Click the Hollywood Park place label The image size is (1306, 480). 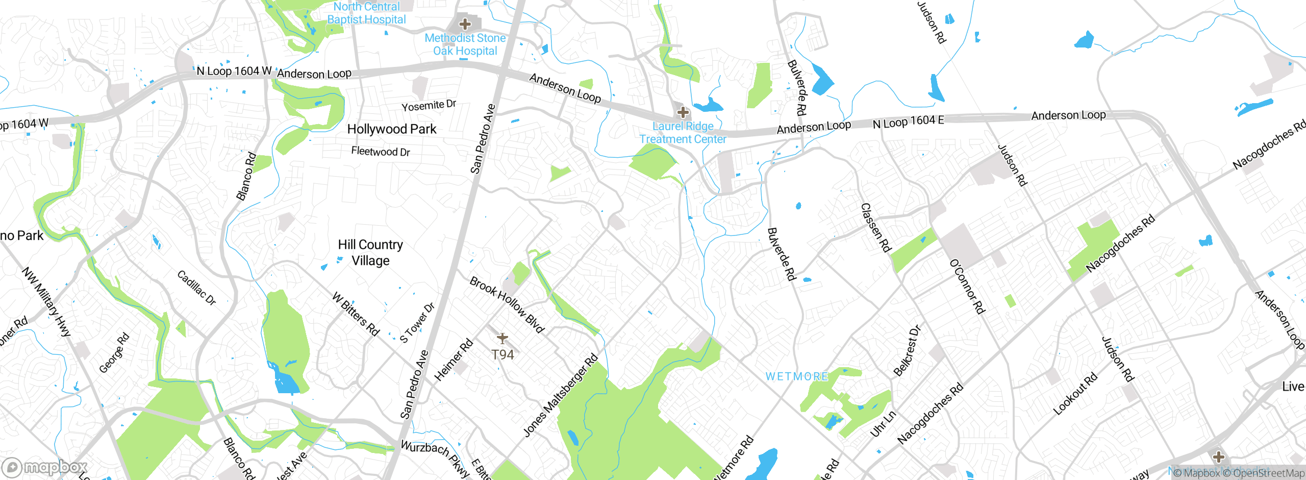pos(391,129)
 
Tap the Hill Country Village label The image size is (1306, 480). pos(370,253)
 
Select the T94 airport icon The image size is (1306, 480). pos(503,338)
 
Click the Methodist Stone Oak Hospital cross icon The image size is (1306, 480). pos(465,24)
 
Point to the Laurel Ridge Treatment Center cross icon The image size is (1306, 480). pos(683,112)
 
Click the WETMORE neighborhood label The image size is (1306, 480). pos(797,376)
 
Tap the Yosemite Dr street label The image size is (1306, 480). pos(429,106)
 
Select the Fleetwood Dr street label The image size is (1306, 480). pos(381,152)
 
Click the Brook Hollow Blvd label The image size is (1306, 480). pos(507,304)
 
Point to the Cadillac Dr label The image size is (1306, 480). pos(196,288)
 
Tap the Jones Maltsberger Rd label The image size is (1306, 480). pos(561,396)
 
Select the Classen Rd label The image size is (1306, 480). pos(875,228)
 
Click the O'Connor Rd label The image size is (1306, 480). pos(967,286)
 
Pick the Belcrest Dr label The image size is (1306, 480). pos(907,351)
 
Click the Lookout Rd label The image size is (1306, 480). pos(1075,394)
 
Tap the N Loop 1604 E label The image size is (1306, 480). pos(908,122)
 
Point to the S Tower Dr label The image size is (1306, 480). pos(417,323)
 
